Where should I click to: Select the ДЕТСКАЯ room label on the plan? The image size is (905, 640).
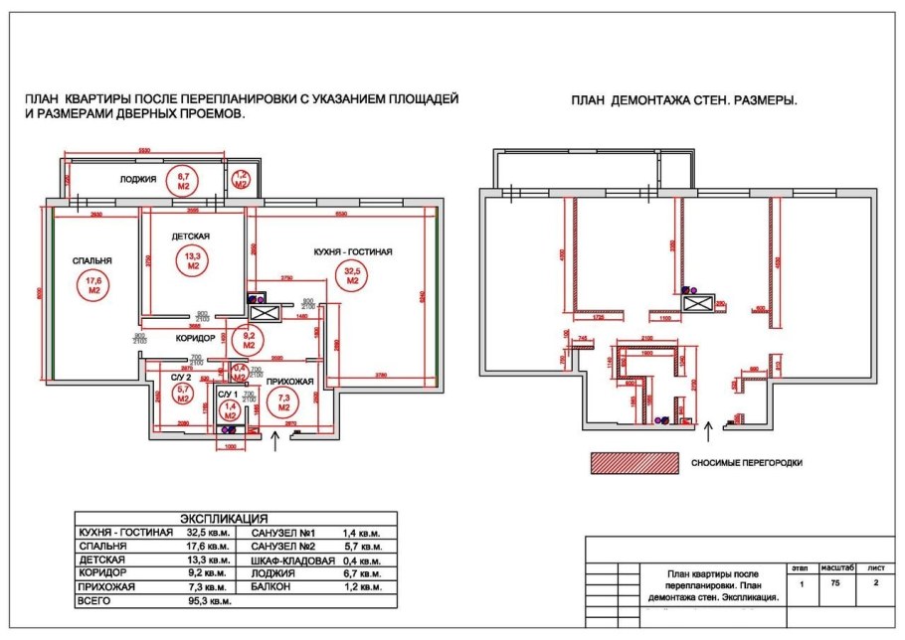tap(189, 237)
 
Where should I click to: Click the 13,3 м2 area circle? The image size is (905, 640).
tap(192, 260)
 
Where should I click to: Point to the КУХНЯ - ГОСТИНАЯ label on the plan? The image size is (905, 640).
tap(352, 252)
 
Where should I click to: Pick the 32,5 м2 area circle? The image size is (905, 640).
tap(352, 276)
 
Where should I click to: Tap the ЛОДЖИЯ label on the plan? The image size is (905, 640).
tap(138, 180)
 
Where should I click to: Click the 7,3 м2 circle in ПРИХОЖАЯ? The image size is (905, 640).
tap(283, 402)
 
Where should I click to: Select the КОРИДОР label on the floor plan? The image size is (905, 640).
tap(196, 339)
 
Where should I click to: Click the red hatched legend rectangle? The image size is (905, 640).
tap(633, 463)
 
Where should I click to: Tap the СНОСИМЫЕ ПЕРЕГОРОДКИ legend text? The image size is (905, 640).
tap(746, 463)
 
